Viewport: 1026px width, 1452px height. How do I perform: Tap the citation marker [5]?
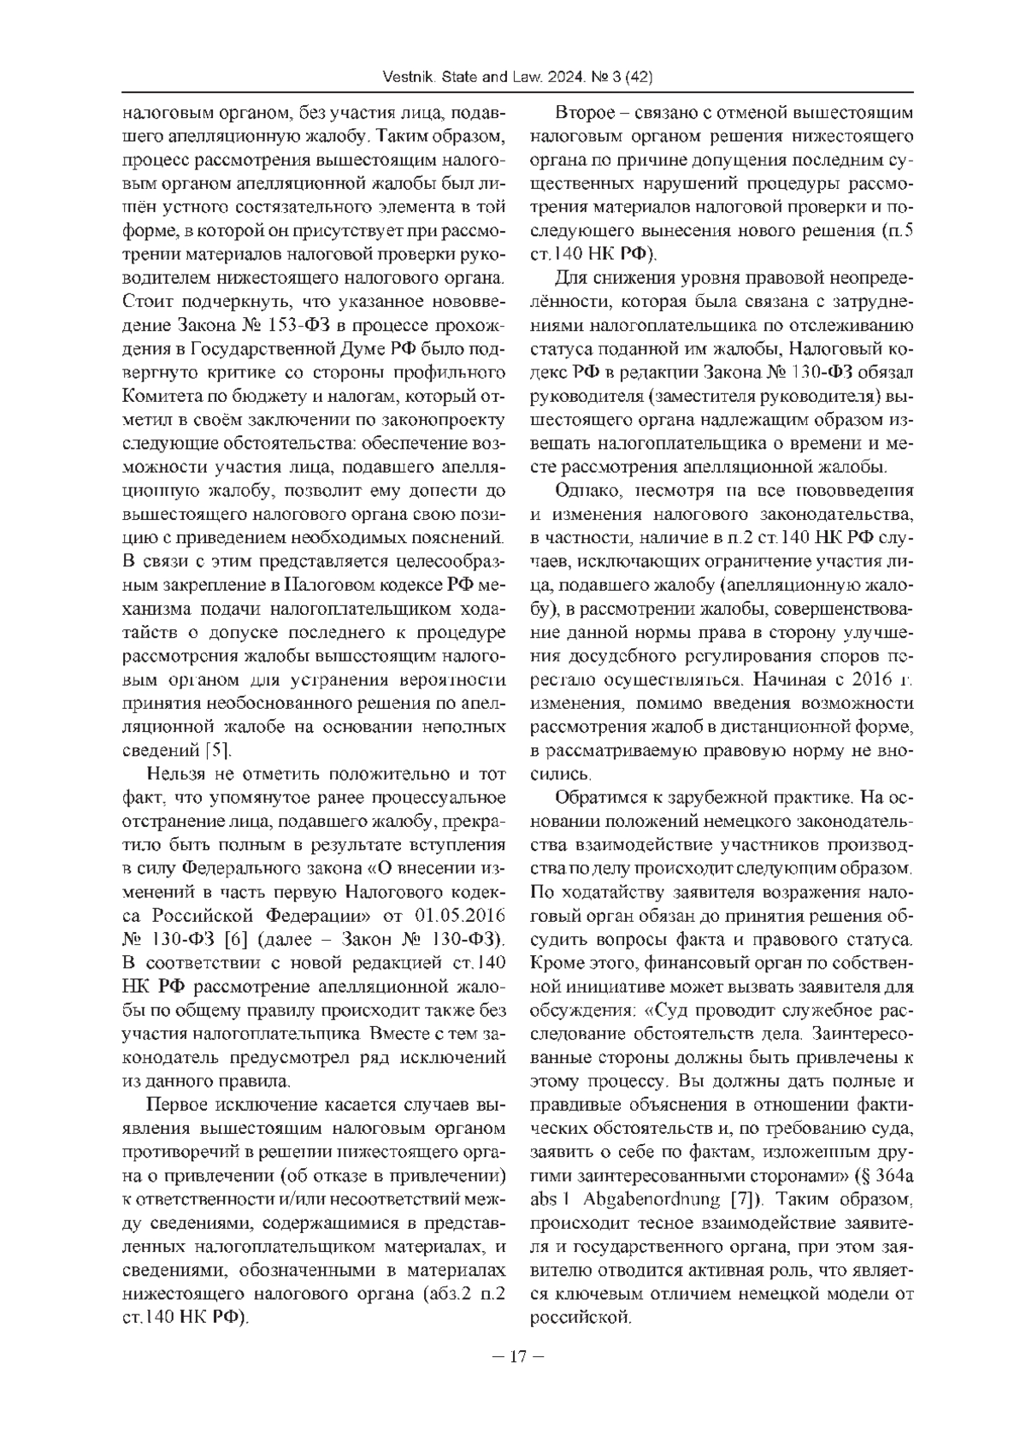[215, 751]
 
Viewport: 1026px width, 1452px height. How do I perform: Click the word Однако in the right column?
[586, 491]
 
